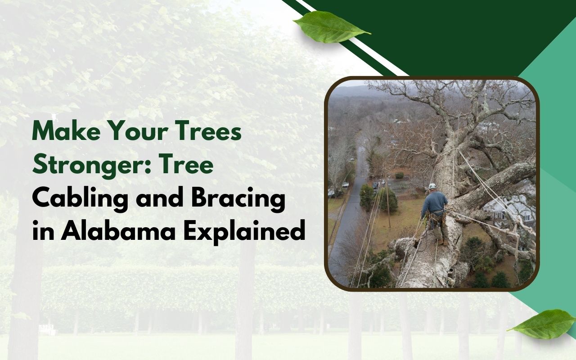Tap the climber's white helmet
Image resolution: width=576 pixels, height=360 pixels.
[432, 186]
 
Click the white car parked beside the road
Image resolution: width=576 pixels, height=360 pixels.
[345, 184]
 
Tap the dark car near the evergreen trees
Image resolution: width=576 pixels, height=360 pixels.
[375, 185]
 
